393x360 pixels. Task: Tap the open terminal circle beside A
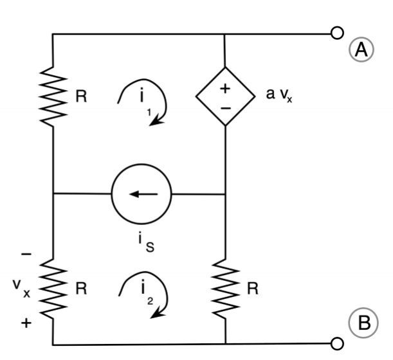point(336,33)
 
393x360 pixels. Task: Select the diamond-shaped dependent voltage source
point(225,97)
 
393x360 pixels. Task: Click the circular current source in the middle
point(141,193)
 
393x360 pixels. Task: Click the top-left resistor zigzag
point(53,96)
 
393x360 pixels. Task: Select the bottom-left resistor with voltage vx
point(53,289)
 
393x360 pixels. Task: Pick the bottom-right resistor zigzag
point(226,289)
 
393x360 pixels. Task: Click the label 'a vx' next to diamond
point(279,96)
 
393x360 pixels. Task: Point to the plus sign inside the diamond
point(225,88)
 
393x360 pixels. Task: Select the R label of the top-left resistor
point(82,98)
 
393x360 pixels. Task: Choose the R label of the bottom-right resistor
point(253,289)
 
